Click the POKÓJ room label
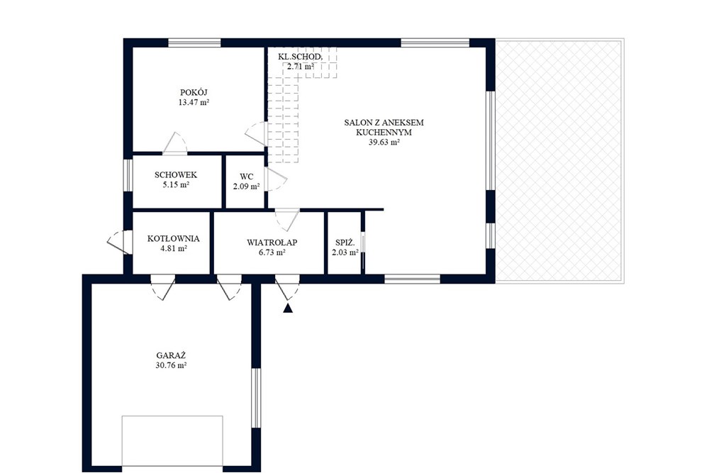(x=194, y=93)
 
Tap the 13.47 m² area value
(x=194, y=103)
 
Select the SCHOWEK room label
(x=176, y=175)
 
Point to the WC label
(x=247, y=177)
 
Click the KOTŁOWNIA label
(x=174, y=238)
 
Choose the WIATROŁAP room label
(x=272, y=243)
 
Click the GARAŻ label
(x=172, y=355)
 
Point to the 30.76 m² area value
(x=172, y=365)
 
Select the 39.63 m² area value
(x=384, y=143)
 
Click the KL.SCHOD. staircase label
(x=300, y=57)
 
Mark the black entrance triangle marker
(x=288, y=308)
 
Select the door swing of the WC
(x=277, y=179)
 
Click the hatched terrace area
(x=560, y=161)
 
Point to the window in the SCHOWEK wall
(x=128, y=175)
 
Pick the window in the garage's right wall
(x=257, y=398)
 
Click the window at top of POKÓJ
(x=194, y=43)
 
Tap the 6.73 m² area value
(x=272, y=252)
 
